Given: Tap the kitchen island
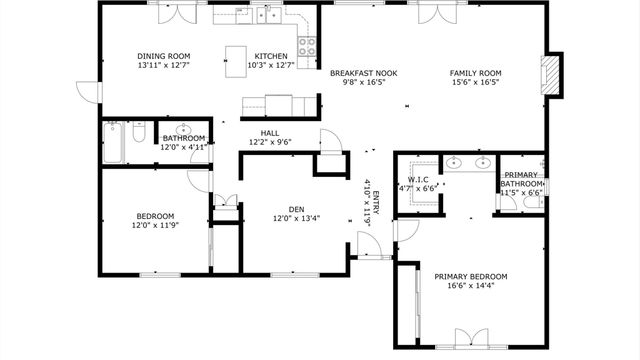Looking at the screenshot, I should (x=238, y=55).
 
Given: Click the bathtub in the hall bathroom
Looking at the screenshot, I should (x=114, y=141).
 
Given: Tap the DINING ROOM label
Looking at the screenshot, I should (x=165, y=56).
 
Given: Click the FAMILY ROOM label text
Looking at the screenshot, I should (x=475, y=73).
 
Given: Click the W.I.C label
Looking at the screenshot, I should (x=417, y=179).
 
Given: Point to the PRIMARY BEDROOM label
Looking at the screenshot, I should (x=470, y=276).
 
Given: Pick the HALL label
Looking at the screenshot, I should (x=270, y=132).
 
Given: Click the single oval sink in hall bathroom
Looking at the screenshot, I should (x=184, y=130).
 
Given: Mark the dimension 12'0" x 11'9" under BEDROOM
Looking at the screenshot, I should (x=155, y=225).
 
